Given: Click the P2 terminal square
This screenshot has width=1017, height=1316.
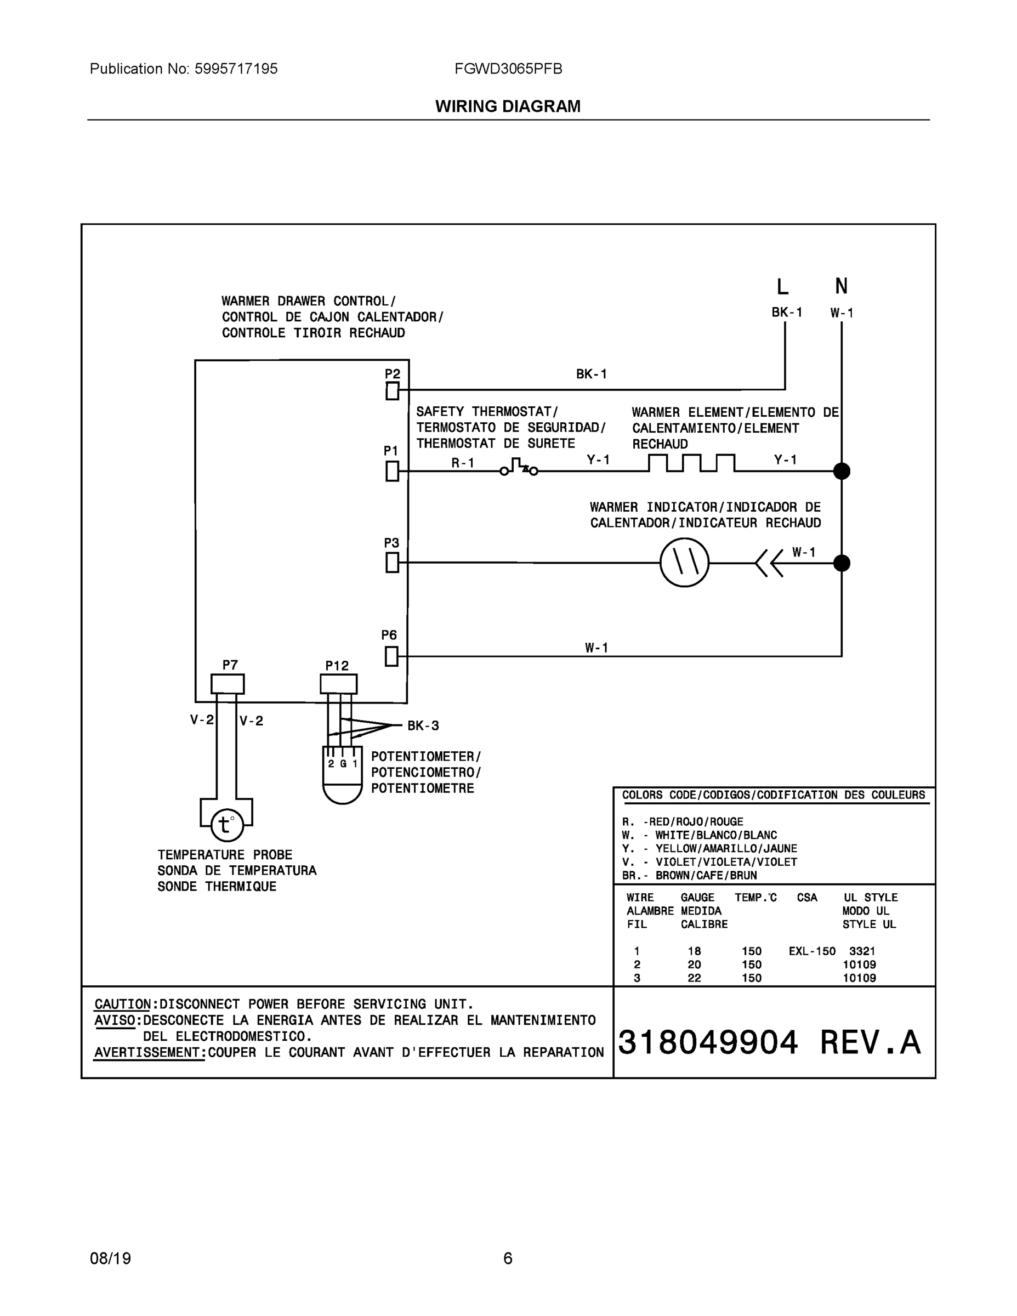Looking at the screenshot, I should pos(392,391).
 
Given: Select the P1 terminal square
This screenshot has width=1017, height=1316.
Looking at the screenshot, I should pos(392,470).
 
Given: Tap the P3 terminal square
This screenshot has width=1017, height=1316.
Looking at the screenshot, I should pos(392,563).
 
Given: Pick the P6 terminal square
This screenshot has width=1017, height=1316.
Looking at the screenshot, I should pos(391,656).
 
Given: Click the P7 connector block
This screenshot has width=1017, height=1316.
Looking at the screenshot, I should pos(228,684).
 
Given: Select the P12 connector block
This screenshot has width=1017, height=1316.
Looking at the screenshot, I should pos(339,684).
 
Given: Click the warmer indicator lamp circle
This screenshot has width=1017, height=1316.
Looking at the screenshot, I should pos(684,563).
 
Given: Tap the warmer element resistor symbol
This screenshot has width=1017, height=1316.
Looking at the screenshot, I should pos(692,463).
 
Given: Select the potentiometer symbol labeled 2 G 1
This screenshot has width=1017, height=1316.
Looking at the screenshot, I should pos(342,774).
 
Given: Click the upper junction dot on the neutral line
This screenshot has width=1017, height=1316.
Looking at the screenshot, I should pos(842,471).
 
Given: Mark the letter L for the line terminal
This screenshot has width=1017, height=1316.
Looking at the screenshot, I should pos(782,287).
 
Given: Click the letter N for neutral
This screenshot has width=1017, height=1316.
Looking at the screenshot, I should pos(841,286).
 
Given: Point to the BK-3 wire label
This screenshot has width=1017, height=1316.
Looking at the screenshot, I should pos(423,726).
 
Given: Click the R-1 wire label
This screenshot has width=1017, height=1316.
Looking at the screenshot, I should pos(463,463).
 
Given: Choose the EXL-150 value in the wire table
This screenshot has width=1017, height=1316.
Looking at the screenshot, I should pos(811,951).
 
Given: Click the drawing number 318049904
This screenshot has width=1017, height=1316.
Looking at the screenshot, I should pos(707,1042).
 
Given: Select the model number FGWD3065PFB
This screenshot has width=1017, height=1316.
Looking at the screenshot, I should pos(508,69).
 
